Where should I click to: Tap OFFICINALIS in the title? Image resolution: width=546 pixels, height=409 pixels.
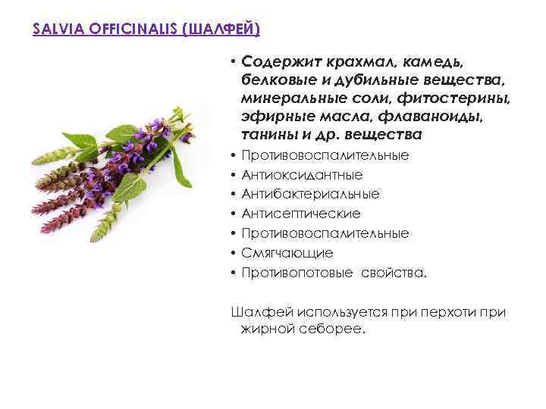(x=123, y=30)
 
